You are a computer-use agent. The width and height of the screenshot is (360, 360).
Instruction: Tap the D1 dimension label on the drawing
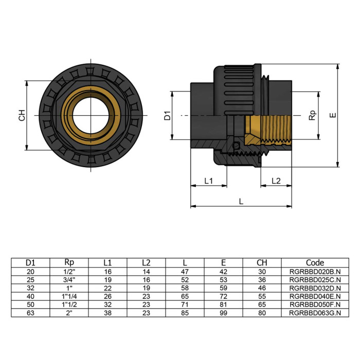click(167, 115)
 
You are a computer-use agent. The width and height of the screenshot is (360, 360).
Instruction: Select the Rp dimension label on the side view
click(312, 115)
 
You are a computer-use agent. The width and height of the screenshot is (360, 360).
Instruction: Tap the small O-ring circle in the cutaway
click(236, 146)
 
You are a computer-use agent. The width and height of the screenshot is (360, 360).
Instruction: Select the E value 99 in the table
click(224, 312)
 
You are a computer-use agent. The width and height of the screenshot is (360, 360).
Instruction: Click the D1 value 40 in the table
click(30, 296)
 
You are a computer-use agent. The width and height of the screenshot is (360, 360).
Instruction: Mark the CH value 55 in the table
click(262, 296)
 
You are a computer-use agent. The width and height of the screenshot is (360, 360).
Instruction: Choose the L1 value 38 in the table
click(107, 312)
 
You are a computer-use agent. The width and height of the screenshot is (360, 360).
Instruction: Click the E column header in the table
click(224, 263)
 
